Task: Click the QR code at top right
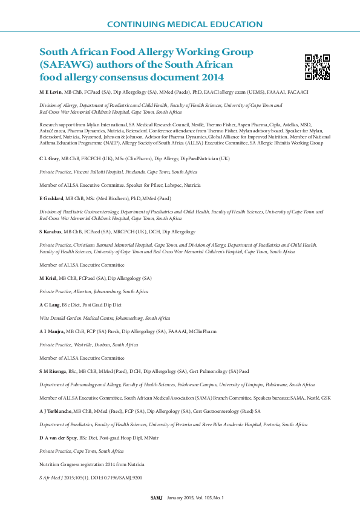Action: coord(317,66)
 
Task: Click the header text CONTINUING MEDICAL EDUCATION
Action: coord(185,25)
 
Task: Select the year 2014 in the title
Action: coord(212,77)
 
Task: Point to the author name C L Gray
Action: coord(50,158)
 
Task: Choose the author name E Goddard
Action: coord(51,198)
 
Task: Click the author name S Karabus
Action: coord(51,232)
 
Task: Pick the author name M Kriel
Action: coord(48,278)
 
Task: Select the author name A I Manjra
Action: coord(52,331)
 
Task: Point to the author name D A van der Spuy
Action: coord(59,437)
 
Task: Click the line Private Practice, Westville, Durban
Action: coord(89,345)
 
